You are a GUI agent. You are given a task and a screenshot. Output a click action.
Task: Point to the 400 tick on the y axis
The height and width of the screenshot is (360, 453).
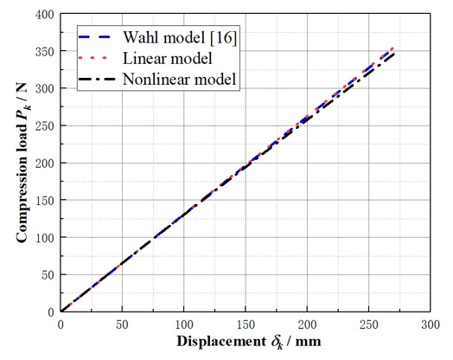tap(42, 16)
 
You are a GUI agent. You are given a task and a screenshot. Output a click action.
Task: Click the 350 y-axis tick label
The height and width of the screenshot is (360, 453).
tap(42, 53)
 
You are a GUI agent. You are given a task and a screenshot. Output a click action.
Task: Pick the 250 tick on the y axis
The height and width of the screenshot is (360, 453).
tap(42, 126)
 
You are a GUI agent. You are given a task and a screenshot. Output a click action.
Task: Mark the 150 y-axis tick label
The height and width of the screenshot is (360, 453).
tap(42, 201)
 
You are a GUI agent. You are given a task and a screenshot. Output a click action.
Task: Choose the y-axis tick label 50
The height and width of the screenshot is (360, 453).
tap(46, 274)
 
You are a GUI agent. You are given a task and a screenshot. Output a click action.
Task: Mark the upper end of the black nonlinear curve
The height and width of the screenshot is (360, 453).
tap(395, 54)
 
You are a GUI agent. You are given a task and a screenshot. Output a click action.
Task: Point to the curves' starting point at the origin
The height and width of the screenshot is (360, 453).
tap(61, 312)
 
